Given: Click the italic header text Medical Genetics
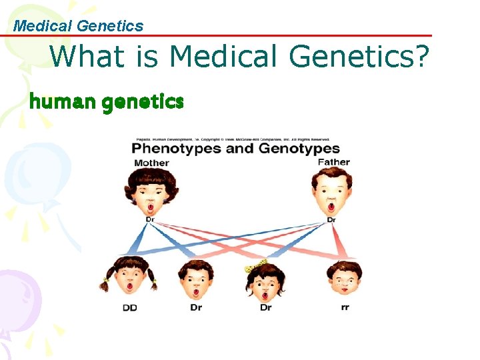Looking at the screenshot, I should [x=79, y=26].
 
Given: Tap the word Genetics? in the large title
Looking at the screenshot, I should [x=359, y=57].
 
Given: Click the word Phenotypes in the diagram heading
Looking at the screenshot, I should [x=176, y=148].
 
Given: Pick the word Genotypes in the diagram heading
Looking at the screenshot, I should [x=293, y=148].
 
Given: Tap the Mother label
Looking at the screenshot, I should [x=151, y=163].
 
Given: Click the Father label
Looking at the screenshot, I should [x=333, y=161].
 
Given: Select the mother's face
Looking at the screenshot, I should [x=149, y=191].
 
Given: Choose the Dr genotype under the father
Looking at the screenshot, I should [x=331, y=219].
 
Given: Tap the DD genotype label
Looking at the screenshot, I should [x=129, y=308].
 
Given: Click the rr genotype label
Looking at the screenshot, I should [x=344, y=307].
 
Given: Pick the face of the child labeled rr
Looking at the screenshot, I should [x=344, y=280].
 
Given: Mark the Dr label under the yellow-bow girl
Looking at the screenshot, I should [x=266, y=308].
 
